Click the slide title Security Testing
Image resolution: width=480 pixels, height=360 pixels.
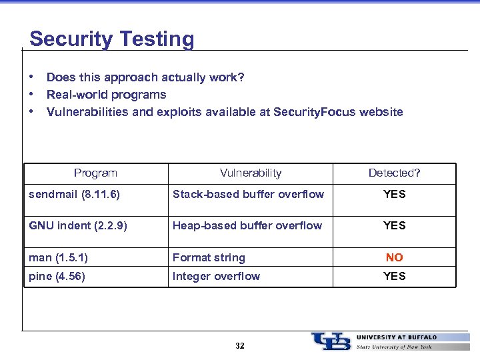click(x=111, y=39)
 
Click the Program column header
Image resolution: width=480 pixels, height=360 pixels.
click(x=95, y=173)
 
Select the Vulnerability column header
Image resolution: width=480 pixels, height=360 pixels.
click(x=251, y=173)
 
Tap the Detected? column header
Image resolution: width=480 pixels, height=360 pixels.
click(x=394, y=173)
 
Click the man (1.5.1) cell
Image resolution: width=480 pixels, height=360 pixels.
click(x=59, y=257)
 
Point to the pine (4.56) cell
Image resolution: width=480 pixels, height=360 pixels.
click(x=57, y=276)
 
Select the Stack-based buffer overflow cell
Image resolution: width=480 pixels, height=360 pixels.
click(x=248, y=195)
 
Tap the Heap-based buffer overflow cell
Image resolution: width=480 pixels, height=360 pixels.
click(x=247, y=225)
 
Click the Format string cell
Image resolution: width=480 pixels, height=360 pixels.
click(x=209, y=257)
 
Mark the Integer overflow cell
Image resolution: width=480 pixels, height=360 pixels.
click(x=216, y=276)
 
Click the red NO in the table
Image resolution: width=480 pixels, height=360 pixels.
click(x=394, y=257)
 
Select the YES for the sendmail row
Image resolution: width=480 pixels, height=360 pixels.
click(x=394, y=195)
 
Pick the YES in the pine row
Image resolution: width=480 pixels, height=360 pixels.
click(x=394, y=276)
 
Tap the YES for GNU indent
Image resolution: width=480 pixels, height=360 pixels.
click(x=394, y=225)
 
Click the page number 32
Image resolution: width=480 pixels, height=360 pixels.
click(x=240, y=346)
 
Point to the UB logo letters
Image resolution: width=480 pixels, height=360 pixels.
click(x=331, y=341)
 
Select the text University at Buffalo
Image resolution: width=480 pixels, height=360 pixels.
click(x=397, y=337)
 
